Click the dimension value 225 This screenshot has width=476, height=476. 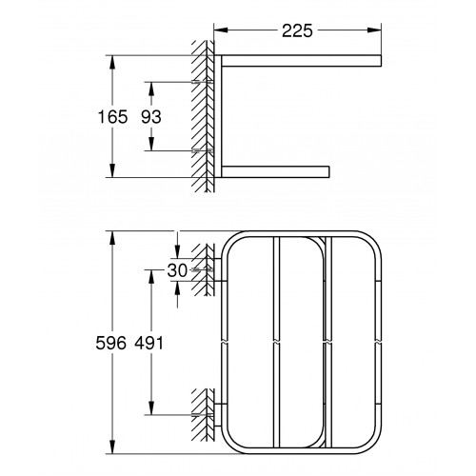(x=297, y=30)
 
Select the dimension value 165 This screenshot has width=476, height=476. (x=112, y=116)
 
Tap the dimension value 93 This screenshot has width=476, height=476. (x=151, y=116)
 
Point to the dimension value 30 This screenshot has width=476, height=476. (x=177, y=270)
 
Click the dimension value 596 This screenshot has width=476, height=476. (x=111, y=343)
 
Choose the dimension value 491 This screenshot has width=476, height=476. (x=149, y=343)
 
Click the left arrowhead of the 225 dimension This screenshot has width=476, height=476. (x=221, y=30)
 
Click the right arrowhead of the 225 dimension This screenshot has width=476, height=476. (x=374, y=30)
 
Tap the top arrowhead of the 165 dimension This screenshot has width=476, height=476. (x=112, y=63)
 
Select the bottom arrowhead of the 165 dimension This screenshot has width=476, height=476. (x=112, y=170)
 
